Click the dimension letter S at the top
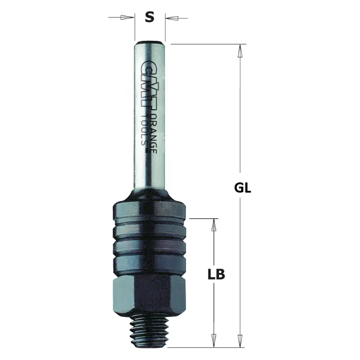(x=150, y=17)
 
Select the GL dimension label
(x=242, y=187)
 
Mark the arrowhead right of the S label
(x=170, y=17)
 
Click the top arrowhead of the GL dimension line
(x=241, y=50)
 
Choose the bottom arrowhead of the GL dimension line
(x=241, y=340)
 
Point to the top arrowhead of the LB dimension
(x=213, y=224)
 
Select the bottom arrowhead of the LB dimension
(x=213, y=340)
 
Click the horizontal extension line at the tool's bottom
(x=204, y=347)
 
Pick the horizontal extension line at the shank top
(x=204, y=44)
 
